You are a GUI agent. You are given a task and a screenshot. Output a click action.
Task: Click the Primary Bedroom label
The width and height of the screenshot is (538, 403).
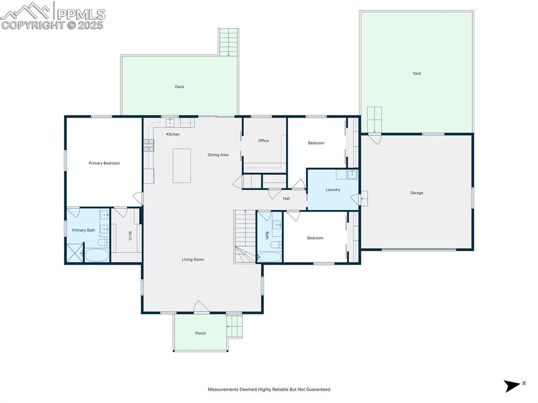pyautogui.click(x=104, y=163)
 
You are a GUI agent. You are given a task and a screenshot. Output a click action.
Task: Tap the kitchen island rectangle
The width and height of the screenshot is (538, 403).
pyautogui.click(x=182, y=166)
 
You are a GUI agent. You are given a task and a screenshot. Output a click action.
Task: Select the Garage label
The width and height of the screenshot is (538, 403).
pyautogui.click(x=417, y=193)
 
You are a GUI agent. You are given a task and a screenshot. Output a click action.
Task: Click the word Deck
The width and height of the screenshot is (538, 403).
pyautogui.click(x=180, y=87)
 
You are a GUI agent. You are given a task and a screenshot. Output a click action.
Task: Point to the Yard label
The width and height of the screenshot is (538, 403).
pyautogui.click(x=417, y=74)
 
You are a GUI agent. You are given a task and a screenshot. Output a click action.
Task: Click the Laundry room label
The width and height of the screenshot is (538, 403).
pyautogui.click(x=333, y=190)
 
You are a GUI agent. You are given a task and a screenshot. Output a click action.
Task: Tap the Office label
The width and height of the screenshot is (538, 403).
pyautogui.click(x=263, y=141)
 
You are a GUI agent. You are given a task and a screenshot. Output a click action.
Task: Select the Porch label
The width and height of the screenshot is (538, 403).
pyautogui.click(x=201, y=333)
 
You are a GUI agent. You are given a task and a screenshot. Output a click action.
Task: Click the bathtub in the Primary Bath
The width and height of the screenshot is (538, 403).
pyautogui.click(x=97, y=256)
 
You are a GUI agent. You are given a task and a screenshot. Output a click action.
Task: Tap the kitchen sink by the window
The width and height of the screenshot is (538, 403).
pyautogui.click(x=170, y=123)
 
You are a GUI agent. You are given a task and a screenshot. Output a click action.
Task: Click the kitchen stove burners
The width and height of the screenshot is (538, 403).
pyautogui.click(x=149, y=145)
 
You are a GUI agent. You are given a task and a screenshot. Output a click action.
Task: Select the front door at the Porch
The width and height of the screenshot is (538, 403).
pyautogui.click(x=202, y=307)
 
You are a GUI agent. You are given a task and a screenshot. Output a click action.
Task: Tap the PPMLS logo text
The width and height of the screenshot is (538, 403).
pyautogui.click(x=81, y=14)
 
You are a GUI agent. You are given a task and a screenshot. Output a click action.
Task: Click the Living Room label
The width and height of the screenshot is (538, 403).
pyautogui.click(x=193, y=260)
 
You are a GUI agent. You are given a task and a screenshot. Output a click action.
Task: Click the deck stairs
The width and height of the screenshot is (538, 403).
pyautogui.click(x=229, y=42)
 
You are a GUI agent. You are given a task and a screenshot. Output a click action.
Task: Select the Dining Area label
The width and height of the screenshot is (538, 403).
pyautogui.click(x=218, y=155)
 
